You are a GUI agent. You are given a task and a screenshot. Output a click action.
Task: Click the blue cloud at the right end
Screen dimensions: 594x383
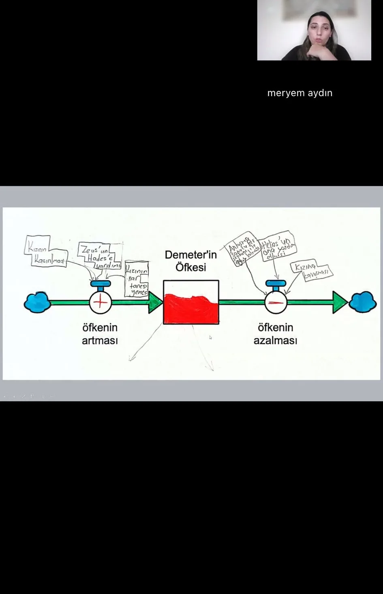coord(363,302)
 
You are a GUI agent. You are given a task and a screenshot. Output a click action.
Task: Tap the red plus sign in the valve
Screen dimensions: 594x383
coord(101,302)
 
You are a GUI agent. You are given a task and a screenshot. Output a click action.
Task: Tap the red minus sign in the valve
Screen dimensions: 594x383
coord(276,302)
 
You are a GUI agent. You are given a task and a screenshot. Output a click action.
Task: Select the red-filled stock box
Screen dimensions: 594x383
coord(191,302)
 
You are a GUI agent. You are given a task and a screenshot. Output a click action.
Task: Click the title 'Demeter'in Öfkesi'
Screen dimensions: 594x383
coord(190,261)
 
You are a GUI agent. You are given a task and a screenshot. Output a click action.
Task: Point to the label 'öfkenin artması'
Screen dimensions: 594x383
coord(100,333)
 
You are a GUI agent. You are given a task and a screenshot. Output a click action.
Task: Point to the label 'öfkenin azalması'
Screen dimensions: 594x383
coord(275,333)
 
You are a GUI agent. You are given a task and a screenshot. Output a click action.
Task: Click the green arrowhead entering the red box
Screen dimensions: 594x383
coord(155,302)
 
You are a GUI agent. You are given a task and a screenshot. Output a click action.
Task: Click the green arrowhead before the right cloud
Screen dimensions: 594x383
coord(340,302)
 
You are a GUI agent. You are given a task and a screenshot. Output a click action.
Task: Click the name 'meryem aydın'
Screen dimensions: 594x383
coord(300,93)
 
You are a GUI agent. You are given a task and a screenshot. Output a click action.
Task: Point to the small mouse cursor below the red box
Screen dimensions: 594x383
coord(210,337)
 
